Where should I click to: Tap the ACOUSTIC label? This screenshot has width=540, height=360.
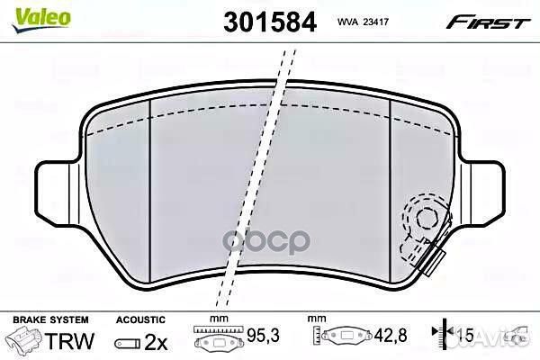(x=140, y=319)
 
